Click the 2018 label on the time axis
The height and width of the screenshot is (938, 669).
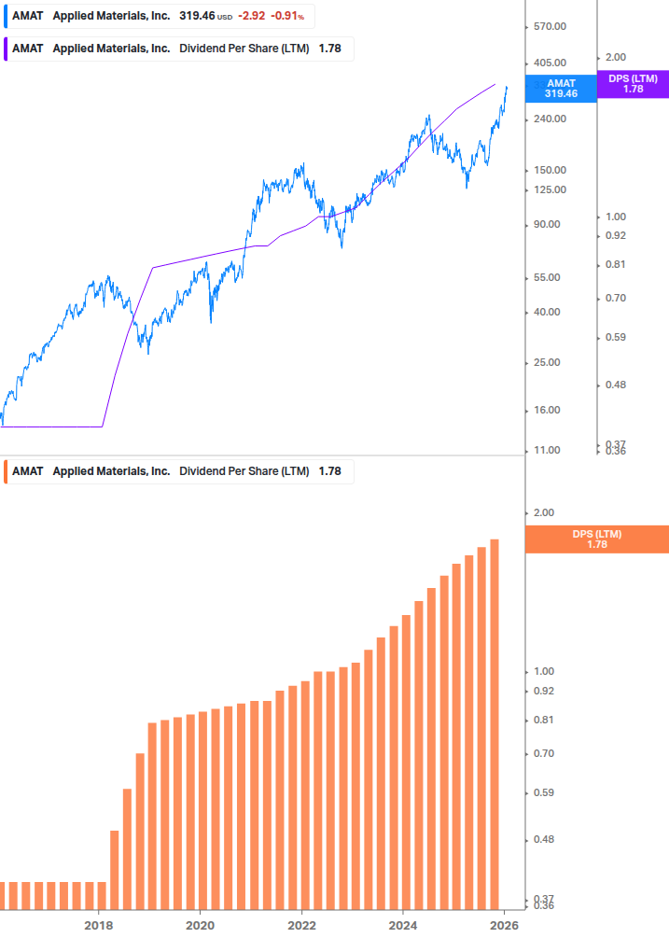[98, 924]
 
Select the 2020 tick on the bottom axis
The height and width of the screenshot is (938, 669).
[200, 924]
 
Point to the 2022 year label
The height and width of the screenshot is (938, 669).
[301, 924]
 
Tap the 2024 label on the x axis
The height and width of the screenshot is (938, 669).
[403, 924]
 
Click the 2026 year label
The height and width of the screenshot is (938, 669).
[504, 924]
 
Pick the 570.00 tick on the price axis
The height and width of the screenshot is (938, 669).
[550, 27]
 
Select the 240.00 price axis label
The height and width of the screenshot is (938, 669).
[550, 119]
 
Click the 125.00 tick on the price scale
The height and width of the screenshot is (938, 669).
[550, 189]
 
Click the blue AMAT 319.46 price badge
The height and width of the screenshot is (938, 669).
[561, 89]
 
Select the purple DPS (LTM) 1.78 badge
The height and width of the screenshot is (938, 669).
[633, 84]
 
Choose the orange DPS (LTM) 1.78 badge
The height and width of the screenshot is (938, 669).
[597, 539]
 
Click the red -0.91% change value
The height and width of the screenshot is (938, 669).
[287, 16]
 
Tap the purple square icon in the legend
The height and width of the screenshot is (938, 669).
[7, 49]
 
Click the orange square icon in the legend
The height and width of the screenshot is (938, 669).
[7, 471]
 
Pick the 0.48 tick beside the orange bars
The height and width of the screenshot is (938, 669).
[544, 839]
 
